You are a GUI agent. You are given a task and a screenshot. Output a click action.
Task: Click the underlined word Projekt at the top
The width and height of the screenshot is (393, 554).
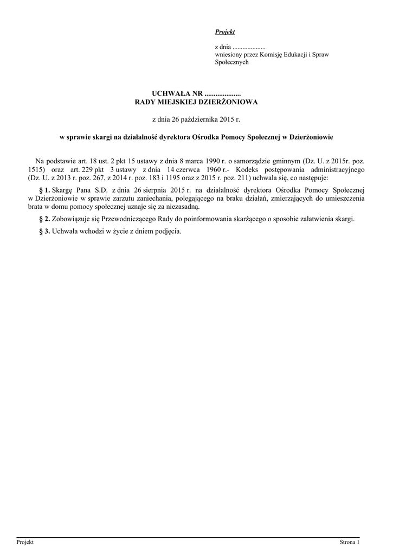point(225,32)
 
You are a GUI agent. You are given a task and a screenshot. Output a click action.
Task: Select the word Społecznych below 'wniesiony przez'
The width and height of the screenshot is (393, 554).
point(232,62)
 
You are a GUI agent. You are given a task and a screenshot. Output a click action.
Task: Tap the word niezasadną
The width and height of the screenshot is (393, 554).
point(184,207)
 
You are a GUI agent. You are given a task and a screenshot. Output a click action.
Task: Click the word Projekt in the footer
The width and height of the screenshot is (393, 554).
point(25,542)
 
